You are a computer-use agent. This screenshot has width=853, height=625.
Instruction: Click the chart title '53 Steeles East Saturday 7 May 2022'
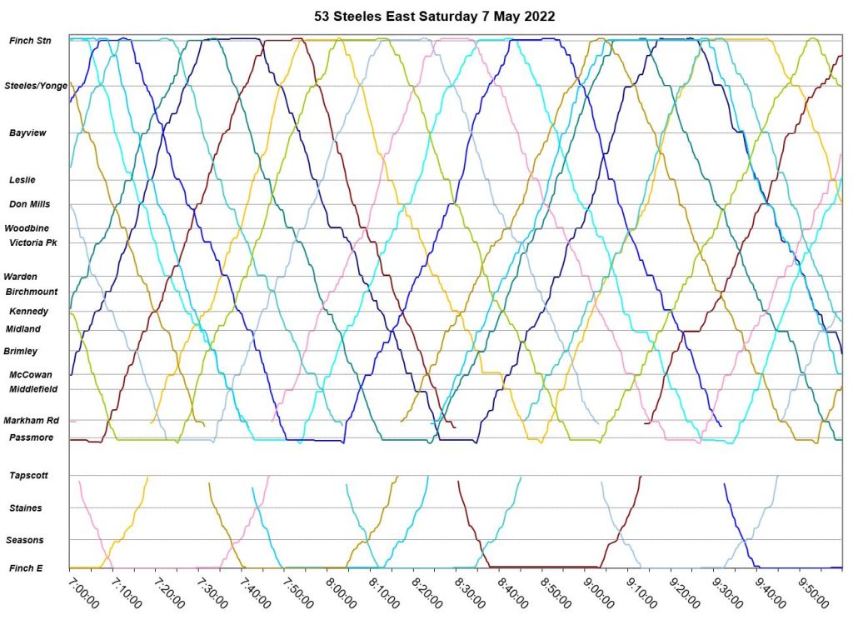(x=434, y=17)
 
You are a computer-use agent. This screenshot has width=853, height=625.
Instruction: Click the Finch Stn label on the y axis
(x=30, y=40)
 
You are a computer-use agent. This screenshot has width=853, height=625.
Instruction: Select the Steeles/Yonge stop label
(x=36, y=85)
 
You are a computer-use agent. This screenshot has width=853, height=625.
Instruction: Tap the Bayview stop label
(x=27, y=132)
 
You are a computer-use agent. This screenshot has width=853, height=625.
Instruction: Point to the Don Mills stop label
(x=30, y=204)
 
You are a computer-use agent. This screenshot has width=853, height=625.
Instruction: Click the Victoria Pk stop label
(x=32, y=242)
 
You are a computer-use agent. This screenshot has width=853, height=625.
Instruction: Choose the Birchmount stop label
(x=32, y=292)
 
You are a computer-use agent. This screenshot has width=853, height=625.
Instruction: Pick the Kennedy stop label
(x=29, y=311)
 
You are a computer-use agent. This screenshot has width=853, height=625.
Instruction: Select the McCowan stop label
(x=31, y=375)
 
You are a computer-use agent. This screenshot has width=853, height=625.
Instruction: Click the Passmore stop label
(x=32, y=437)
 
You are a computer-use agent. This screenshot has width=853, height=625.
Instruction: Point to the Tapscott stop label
(x=29, y=475)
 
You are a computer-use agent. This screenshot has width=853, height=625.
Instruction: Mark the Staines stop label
(x=26, y=507)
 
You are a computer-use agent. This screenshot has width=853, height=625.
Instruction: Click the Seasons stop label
(x=26, y=540)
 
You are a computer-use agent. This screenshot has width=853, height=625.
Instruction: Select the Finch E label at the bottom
(x=27, y=568)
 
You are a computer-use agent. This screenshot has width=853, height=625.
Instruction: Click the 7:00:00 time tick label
(x=84, y=589)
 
